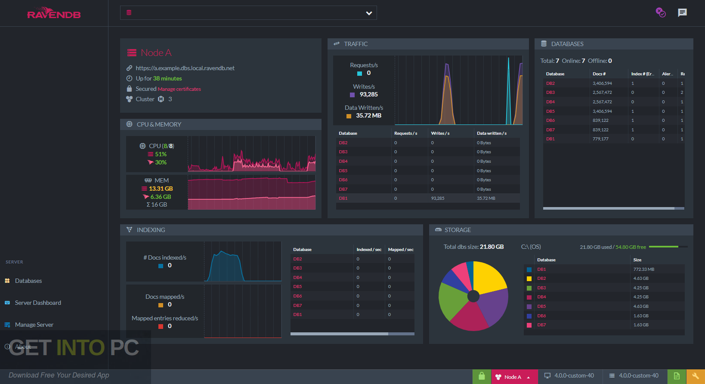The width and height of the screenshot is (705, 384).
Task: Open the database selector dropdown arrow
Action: click(x=369, y=13)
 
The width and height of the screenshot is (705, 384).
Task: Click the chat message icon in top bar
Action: click(x=682, y=13)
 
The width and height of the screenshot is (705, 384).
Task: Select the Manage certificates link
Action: click(x=179, y=89)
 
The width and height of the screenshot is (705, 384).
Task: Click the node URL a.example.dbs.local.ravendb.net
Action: click(x=185, y=68)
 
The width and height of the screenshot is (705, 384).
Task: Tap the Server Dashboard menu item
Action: click(x=38, y=303)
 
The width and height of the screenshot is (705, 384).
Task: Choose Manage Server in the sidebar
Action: click(x=34, y=324)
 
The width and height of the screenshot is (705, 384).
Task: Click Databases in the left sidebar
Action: click(x=28, y=281)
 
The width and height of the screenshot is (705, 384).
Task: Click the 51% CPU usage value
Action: click(x=161, y=154)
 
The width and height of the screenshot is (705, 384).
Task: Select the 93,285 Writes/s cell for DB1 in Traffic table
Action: click(x=437, y=198)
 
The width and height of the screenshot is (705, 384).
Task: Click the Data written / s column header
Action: click(x=492, y=133)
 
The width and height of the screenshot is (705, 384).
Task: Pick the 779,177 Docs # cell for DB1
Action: click(x=602, y=139)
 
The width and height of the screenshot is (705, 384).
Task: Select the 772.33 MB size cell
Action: click(x=644, y=269)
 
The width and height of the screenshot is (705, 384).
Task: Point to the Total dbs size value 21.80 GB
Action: click(x=492, y=247)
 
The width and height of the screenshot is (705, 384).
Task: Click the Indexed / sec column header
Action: click(x=369, y=250)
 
